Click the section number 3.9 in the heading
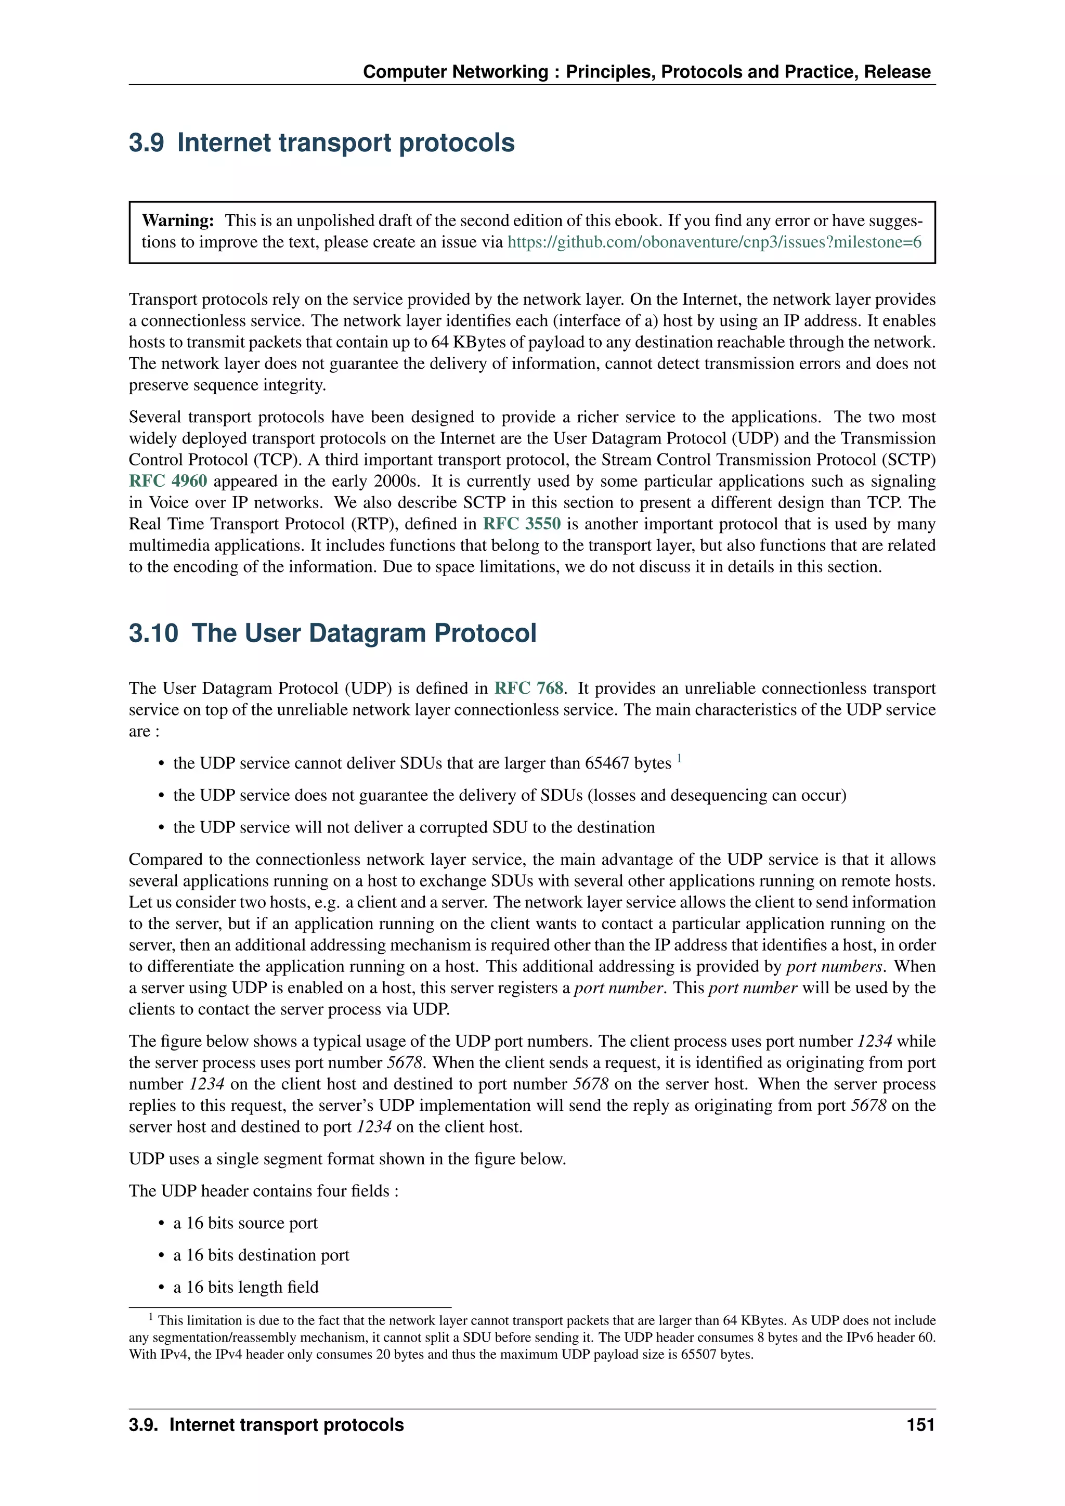146,143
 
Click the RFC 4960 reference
168,481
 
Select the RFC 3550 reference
522,524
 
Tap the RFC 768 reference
528,688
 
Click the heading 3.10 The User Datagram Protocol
332,633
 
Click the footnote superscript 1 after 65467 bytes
679,758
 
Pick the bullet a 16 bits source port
245,1223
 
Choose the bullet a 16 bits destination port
261,1255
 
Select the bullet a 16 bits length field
246,1287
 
